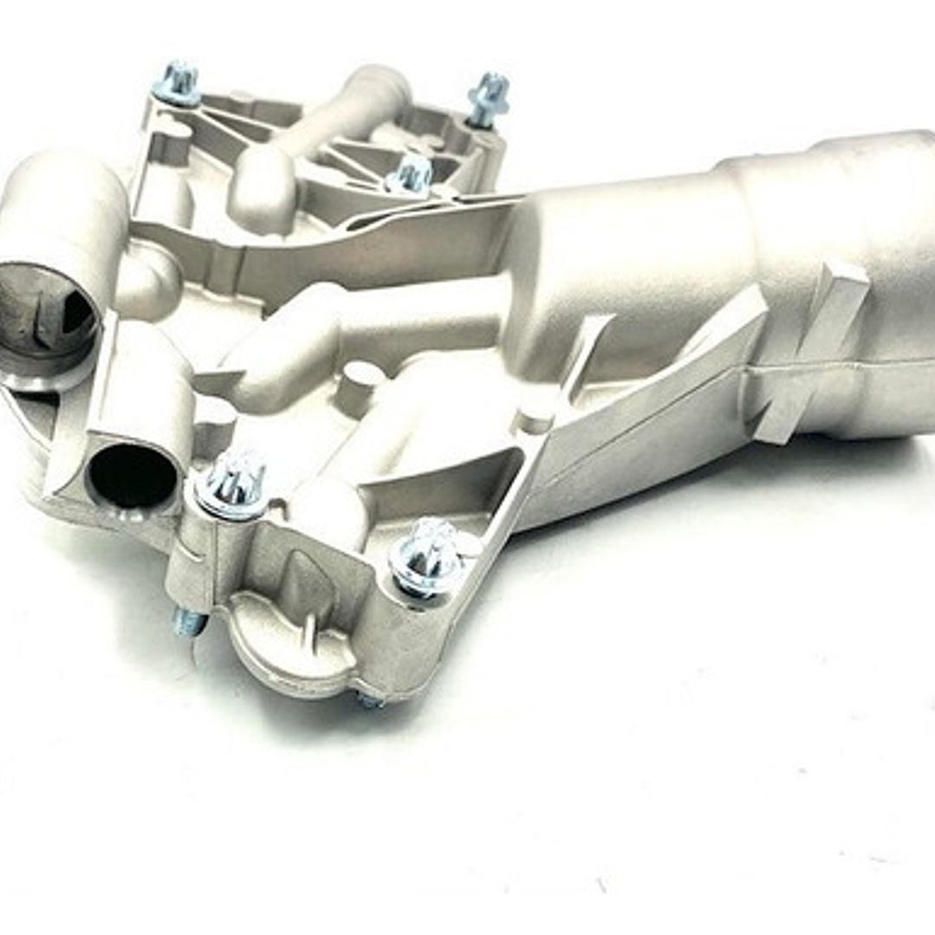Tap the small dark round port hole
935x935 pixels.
pyautogui.click(x=132, y=475)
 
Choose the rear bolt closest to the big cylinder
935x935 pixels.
pyautogui.click(x=411, y=174)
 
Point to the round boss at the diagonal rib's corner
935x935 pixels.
pyautogui.click(x=538, y=416)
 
